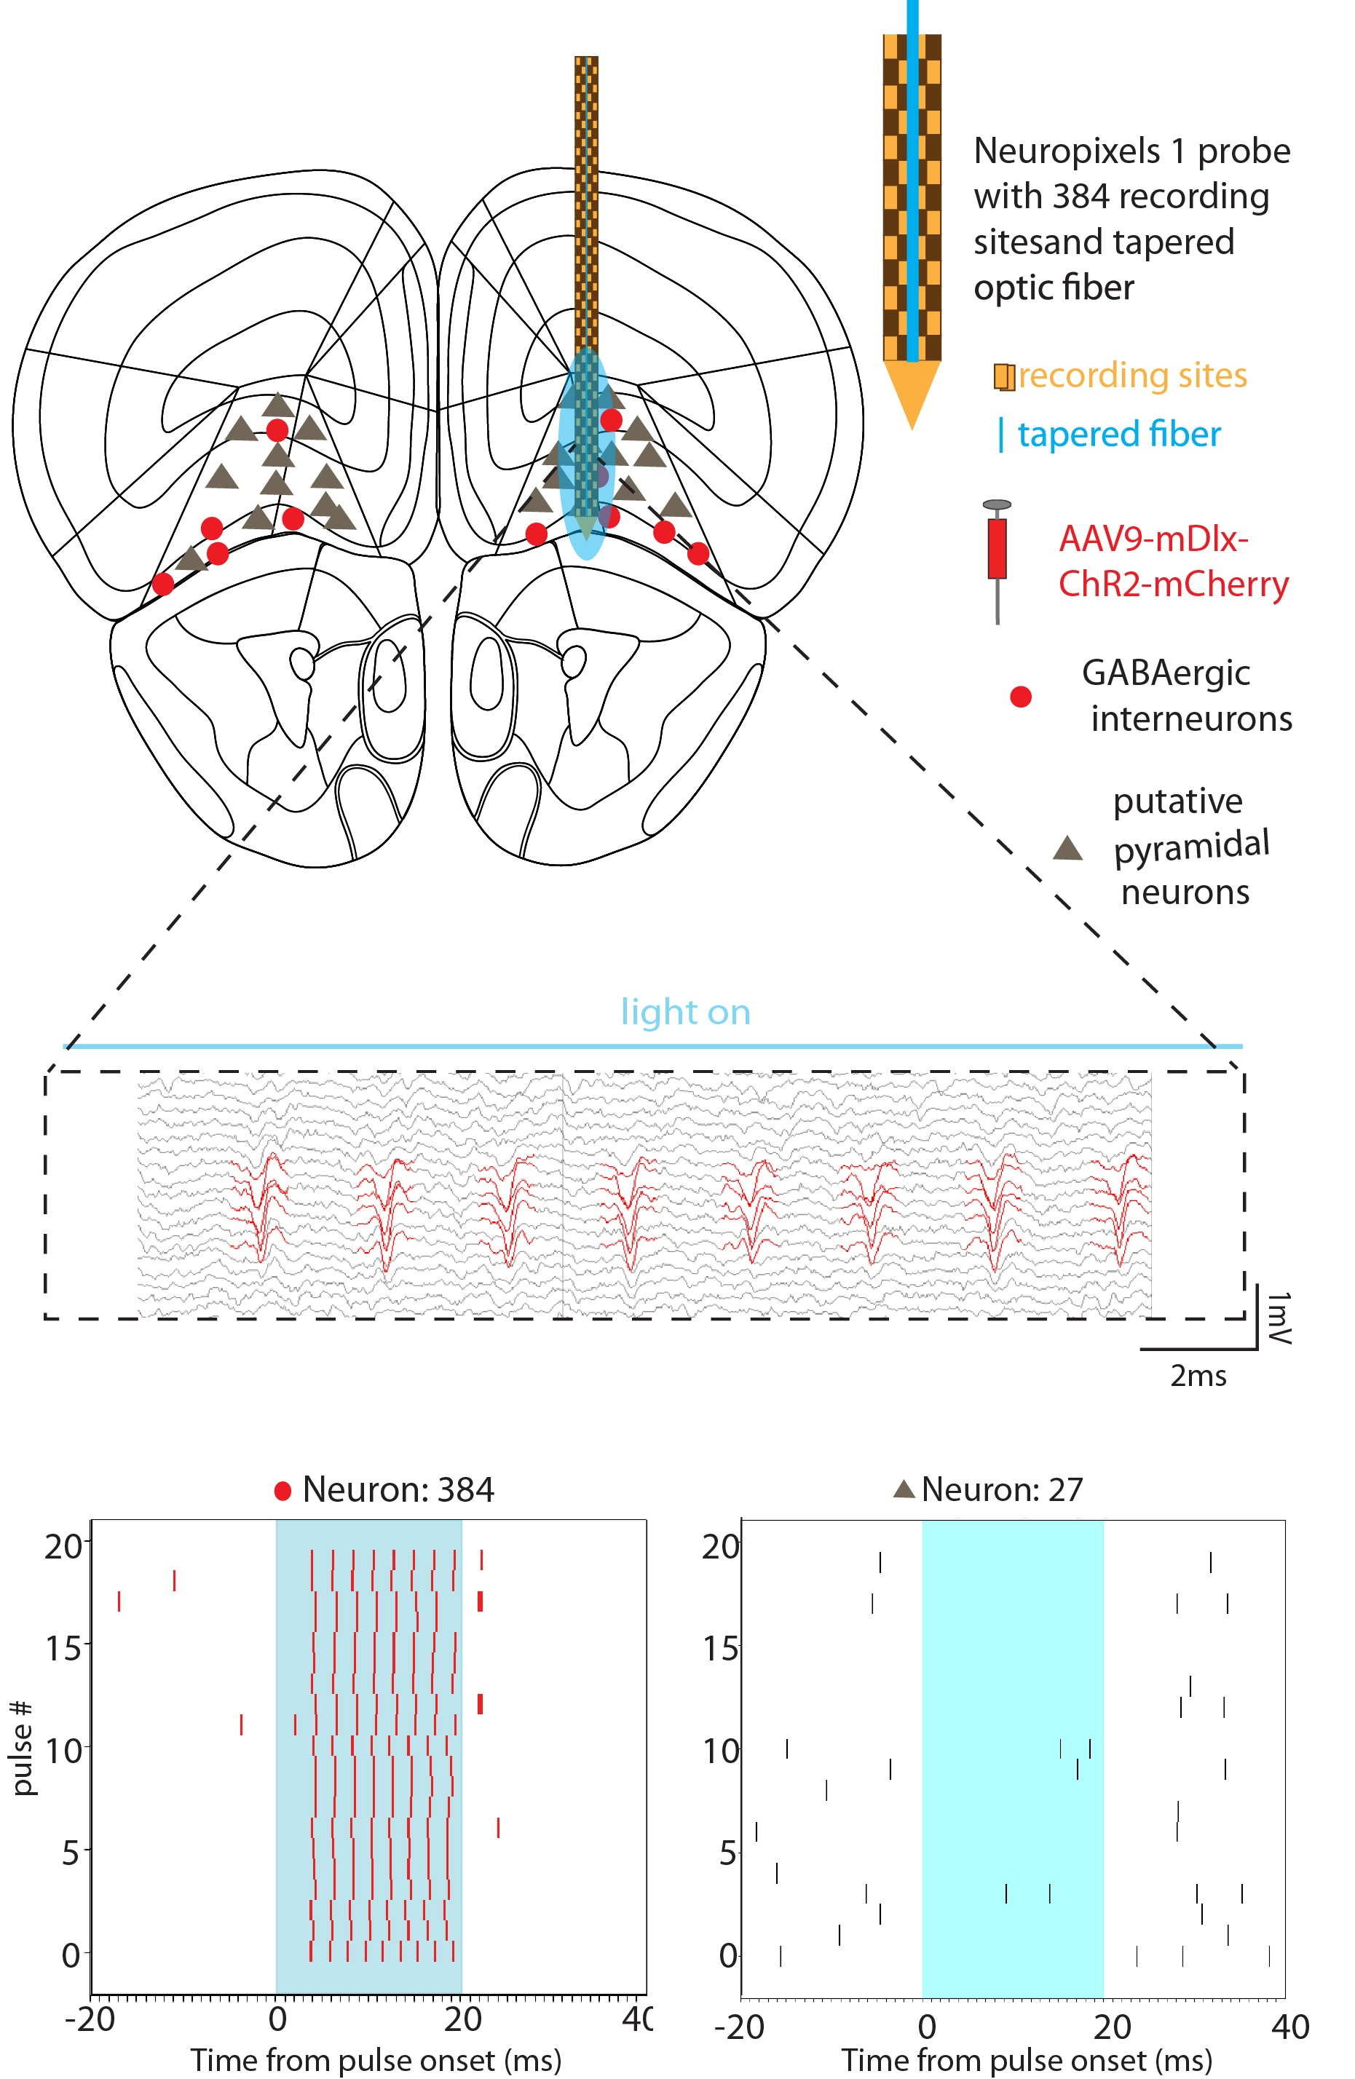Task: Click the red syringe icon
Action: (997, 549)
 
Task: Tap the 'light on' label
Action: (685, 1012)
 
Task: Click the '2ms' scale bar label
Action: (1198, 1376)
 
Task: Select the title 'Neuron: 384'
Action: (398, 1489)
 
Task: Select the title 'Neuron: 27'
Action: (1001, 1489)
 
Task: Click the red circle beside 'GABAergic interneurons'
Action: (1020, 696)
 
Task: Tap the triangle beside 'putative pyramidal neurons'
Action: (1067, 848)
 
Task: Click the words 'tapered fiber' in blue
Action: (1118, 434)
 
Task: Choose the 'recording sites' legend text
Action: (1132, 375)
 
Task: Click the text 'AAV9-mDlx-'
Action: (1153, 539)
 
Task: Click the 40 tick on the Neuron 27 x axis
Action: (1289, 2027)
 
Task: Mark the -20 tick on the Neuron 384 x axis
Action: (90, 2019)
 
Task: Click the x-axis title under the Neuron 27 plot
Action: (1027, 2060)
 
